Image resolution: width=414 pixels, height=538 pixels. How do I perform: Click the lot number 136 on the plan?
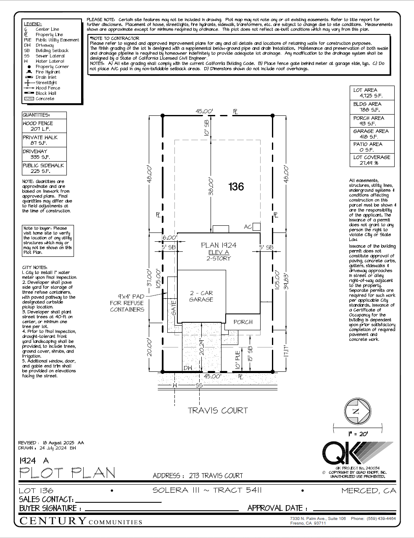coord(236,186)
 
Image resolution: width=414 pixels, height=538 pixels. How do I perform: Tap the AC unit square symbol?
coord(256,227)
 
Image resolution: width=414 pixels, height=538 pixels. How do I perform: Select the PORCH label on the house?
coord(243,322)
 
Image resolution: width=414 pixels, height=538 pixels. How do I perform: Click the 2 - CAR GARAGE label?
coord(201,296)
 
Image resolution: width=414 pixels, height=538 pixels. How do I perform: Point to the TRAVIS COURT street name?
coord(218,410)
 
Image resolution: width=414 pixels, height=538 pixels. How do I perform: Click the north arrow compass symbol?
coord(357,411)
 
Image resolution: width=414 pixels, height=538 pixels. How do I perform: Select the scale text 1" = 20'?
coord(358,434)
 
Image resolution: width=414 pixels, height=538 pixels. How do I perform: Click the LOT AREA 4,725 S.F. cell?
coord(372,93)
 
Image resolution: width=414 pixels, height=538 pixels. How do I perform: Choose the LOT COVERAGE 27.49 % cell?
coord(372,160)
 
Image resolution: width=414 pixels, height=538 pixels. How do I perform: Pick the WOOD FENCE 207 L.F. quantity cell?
coord(44,126)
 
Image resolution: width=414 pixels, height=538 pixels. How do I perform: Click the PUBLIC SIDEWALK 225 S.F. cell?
coord(44,168)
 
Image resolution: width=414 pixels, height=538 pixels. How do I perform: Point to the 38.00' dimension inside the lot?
coord(211,186)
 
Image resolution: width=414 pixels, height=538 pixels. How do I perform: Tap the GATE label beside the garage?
coord(174,308)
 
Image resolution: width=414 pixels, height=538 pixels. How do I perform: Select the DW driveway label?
coord(188,368)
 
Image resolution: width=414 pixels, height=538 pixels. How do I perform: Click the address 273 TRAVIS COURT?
coord(216,475)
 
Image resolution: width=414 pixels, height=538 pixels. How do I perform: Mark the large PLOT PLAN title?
coord(67,473)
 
